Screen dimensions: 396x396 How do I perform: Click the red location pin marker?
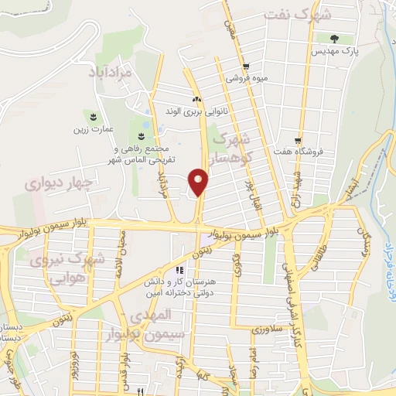tap(200, 183)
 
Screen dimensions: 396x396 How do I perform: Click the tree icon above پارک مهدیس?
tap(334, 39)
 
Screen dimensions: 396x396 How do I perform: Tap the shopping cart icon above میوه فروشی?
tap(245, 66)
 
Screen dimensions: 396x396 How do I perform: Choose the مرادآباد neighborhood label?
tap(111, 73)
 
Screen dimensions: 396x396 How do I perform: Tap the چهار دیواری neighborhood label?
tap(58, 183)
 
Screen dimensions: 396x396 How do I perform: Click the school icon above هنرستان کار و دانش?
tap(179, 271)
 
